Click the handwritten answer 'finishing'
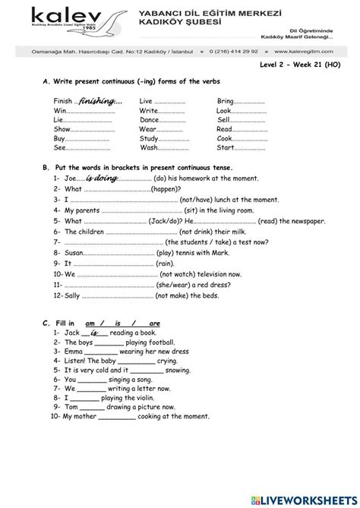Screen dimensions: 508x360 (x=101, y=101)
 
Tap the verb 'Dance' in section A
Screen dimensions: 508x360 (x=150, y=120)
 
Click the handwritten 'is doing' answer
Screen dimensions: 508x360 (x=101, y=178)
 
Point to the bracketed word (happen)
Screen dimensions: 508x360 (x=166, y=188)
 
